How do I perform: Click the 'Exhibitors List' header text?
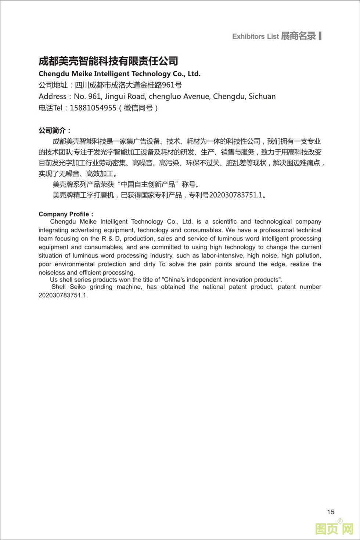click(x=255, y=36)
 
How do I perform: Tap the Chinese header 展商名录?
click(x=298, y=36)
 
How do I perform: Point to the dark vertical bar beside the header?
click(x=320, y=36)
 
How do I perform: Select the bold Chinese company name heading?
click(x=108, y=61)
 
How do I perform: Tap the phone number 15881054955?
click(x=93, y=108)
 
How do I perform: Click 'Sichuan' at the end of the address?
click(x=262, y=97)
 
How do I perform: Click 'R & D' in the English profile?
click(x=109, y=239)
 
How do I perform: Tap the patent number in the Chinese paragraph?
click(x=236, y=195)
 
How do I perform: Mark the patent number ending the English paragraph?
click(x=63, y=295)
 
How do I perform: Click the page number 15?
click(x=331, y=512)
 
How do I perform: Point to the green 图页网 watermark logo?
click(x=334, y=529)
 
